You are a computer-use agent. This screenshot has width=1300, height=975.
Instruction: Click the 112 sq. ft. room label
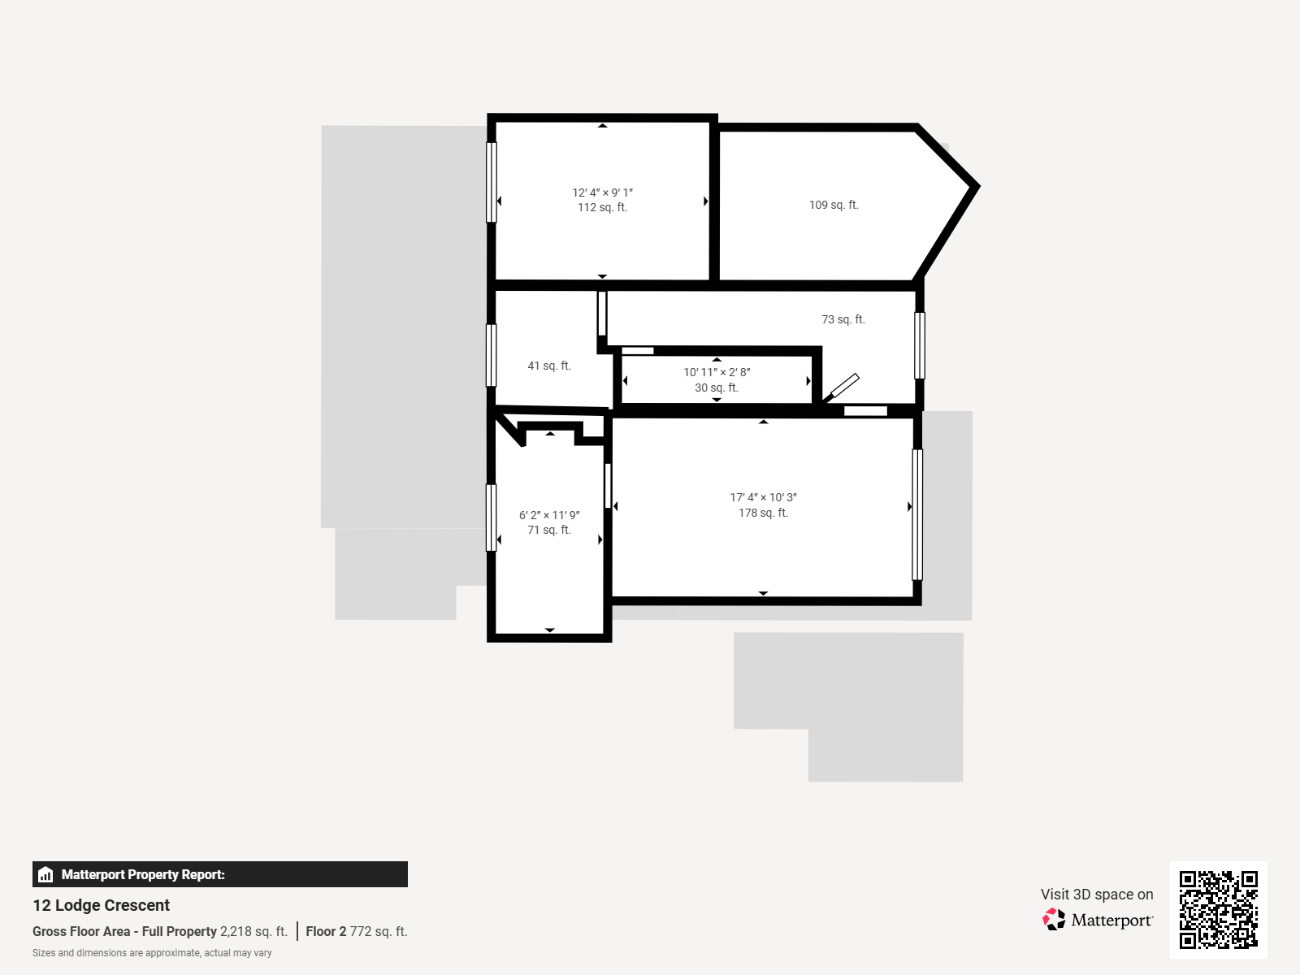(x=602, y=208)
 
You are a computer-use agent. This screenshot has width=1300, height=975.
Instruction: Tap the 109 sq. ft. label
(x=834, y=206)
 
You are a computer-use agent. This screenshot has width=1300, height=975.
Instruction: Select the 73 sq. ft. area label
(x=843, y=320)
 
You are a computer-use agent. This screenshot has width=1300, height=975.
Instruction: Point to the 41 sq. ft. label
(x=549, y=366)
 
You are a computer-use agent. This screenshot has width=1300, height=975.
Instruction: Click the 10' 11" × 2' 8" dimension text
(x=717, y=373)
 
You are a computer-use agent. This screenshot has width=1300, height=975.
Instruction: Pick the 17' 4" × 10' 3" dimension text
(x=763, y=498)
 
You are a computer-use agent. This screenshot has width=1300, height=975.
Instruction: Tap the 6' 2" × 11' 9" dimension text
(x=549, y=516)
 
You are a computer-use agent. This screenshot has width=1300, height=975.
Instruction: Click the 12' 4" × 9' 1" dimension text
(x=602, y=193)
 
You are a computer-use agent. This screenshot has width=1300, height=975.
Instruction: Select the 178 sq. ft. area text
(x=763, y=513)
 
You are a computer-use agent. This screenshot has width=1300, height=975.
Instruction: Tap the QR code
(x=1218, y=909)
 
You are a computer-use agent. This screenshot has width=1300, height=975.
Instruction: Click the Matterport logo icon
(x=1054, y=920)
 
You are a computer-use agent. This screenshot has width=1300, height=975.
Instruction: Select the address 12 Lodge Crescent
(x=102, y=905)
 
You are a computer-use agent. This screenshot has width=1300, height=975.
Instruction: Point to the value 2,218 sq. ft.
(x=253, y=932)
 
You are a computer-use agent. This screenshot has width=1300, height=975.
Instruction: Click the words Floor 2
(x=326, y=932)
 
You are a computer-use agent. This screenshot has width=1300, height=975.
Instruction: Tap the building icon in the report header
(x=45, y=875)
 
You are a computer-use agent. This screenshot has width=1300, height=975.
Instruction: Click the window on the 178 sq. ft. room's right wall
(x=917, y=514)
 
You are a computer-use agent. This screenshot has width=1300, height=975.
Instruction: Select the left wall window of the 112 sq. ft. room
(x=491, y=182)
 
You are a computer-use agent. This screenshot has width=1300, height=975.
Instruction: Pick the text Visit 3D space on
(x=1096, y=895)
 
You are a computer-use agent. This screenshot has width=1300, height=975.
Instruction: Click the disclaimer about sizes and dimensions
(x=152, y=953)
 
